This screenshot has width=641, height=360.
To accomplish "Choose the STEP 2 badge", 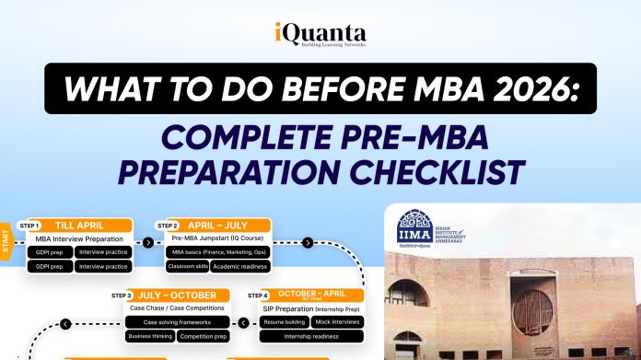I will [x=168, y=225].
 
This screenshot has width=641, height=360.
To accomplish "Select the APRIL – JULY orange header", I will [x=226, y=225].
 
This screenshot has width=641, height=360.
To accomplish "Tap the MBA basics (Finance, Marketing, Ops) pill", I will [x=218, y=251].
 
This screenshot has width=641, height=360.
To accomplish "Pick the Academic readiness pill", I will [x=239, y=266].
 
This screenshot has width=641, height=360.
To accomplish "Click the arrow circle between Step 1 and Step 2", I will [x=147, y=243].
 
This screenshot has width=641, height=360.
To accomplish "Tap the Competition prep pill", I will [x=203, y=337].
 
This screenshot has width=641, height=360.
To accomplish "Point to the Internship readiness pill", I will [x=307, y=337].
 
